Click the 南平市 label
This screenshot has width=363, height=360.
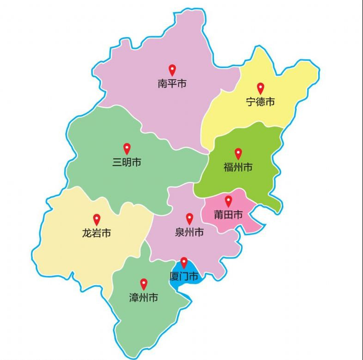click(172, 84)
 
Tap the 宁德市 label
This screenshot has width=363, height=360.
click(260, 102)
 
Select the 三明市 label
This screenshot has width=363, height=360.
click(127, 163)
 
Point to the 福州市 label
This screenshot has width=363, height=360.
click(238, 167)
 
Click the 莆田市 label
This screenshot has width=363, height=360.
click(229, 215)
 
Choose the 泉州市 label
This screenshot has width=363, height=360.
click(189, 232)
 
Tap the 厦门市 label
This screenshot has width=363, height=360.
click(184, 277)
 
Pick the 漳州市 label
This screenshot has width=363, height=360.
click(143, 298)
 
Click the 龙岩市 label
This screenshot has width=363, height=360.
click(96, 233)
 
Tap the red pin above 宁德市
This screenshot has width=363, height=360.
click(261, 88)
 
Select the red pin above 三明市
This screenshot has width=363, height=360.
click(127, 149)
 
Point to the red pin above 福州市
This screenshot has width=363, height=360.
click(238, 153)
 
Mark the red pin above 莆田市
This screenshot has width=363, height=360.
click(229, 201)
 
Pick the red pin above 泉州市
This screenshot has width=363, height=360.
click(189, 218)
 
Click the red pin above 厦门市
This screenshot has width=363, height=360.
click(184, 262)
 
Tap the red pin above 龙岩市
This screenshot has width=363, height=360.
click(96, 219)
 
